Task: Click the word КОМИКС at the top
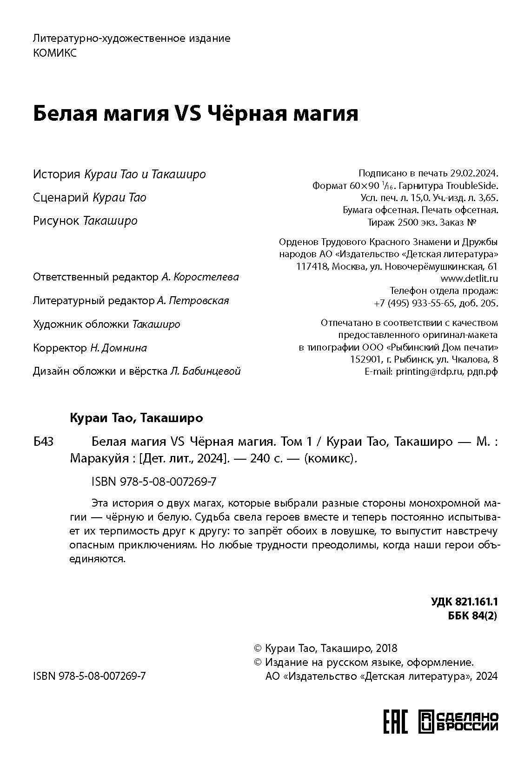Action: pos(55,53)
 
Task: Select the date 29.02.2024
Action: pos(473,174)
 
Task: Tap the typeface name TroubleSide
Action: pos(472,186)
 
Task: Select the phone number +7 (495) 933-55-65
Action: pos(414,303)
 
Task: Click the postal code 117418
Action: pos(311,267)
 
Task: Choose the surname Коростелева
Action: pos(206,277)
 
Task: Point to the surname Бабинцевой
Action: pos(212,371)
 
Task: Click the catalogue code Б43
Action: pos(43,442)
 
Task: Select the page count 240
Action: pos(258,458)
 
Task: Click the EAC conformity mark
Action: pos(395,722)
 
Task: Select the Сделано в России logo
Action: pos(458,722)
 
